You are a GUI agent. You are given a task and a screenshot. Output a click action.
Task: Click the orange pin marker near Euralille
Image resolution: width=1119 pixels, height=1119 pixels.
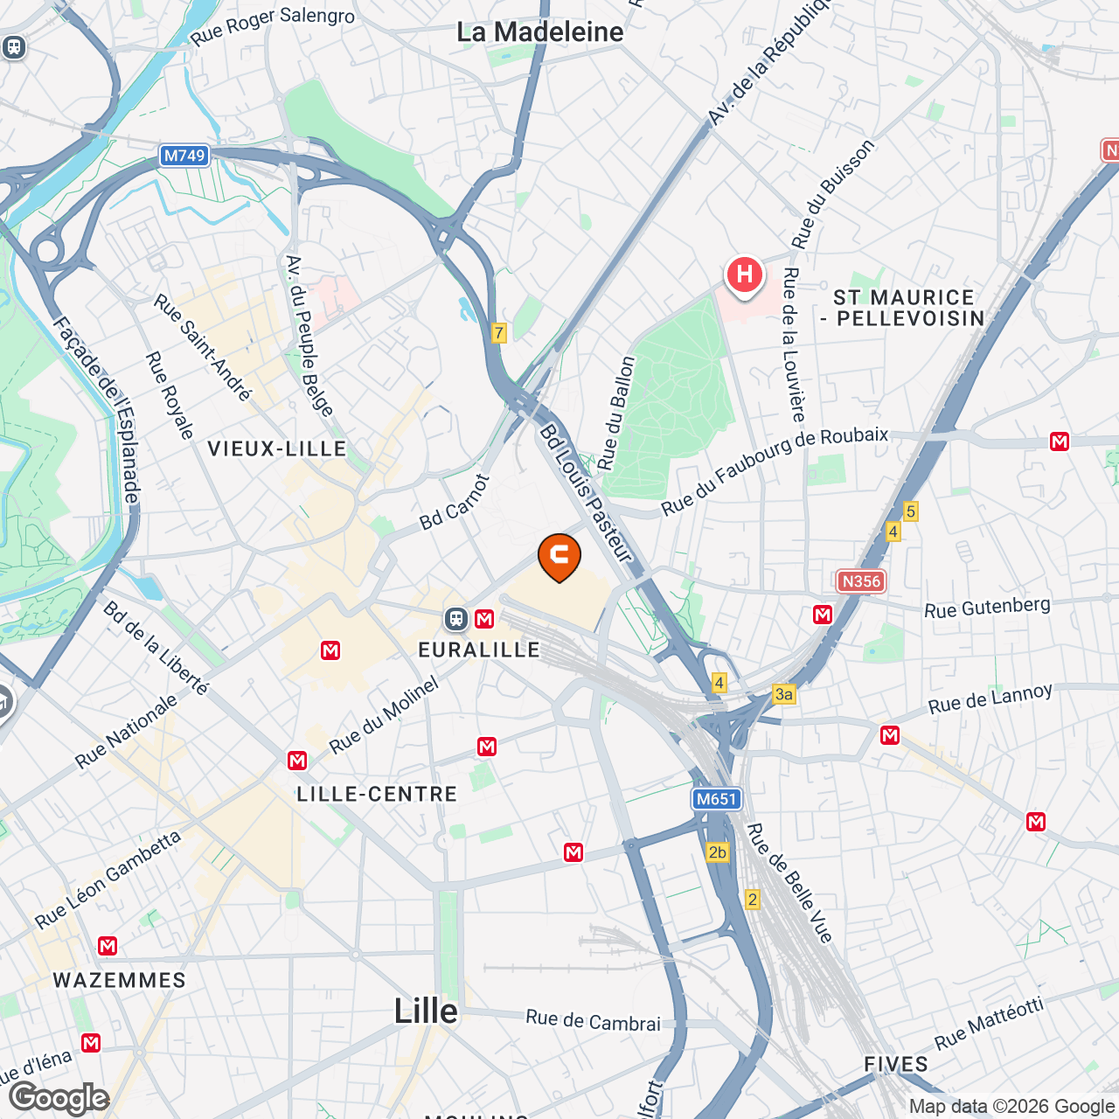point(559,556)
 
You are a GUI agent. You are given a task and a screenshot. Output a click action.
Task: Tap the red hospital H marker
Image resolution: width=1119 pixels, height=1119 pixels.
point(744,275)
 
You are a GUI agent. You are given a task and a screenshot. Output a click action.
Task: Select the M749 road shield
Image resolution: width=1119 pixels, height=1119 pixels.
point(184,156)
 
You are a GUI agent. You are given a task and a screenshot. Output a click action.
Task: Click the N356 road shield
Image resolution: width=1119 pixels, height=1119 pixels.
point(861,581)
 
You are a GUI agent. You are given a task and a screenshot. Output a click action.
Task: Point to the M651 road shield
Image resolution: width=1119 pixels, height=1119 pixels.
point(717,798)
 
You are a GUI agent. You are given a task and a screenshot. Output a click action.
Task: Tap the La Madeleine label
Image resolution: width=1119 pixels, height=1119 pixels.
point(540,32)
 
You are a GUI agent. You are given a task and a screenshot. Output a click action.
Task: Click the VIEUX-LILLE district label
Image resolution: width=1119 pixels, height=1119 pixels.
point(277,448)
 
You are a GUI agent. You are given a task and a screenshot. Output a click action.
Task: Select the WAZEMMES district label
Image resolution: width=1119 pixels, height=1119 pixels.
point(120,980)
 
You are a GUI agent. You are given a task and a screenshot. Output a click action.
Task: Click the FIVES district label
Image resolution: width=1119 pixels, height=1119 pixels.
point(896,1064)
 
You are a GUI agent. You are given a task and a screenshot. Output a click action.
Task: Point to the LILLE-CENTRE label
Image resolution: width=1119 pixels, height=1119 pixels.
point(377,794)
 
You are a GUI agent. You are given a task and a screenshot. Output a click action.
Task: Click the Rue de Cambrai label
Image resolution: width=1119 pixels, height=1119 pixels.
point(593,1020)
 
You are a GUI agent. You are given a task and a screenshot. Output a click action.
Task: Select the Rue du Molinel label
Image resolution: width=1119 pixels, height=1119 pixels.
point(384,716)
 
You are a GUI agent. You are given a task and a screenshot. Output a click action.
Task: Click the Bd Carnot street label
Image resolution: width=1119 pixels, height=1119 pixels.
point(455,503)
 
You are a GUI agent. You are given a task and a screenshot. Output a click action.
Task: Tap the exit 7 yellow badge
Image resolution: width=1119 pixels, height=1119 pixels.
point(498,332)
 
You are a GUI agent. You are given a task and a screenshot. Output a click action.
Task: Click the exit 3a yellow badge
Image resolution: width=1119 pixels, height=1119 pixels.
point(784,694)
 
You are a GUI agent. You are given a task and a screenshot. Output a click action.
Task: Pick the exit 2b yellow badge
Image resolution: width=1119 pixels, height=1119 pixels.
point(717,852)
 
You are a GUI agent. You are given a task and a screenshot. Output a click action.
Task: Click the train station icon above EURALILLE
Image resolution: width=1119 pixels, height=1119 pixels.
point(455,619)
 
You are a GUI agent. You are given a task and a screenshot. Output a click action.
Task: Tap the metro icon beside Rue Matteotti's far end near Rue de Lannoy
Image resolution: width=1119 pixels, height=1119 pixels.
point(1036,822)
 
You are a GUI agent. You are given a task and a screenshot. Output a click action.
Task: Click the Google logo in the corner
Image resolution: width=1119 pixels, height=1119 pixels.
point(59,1098)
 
